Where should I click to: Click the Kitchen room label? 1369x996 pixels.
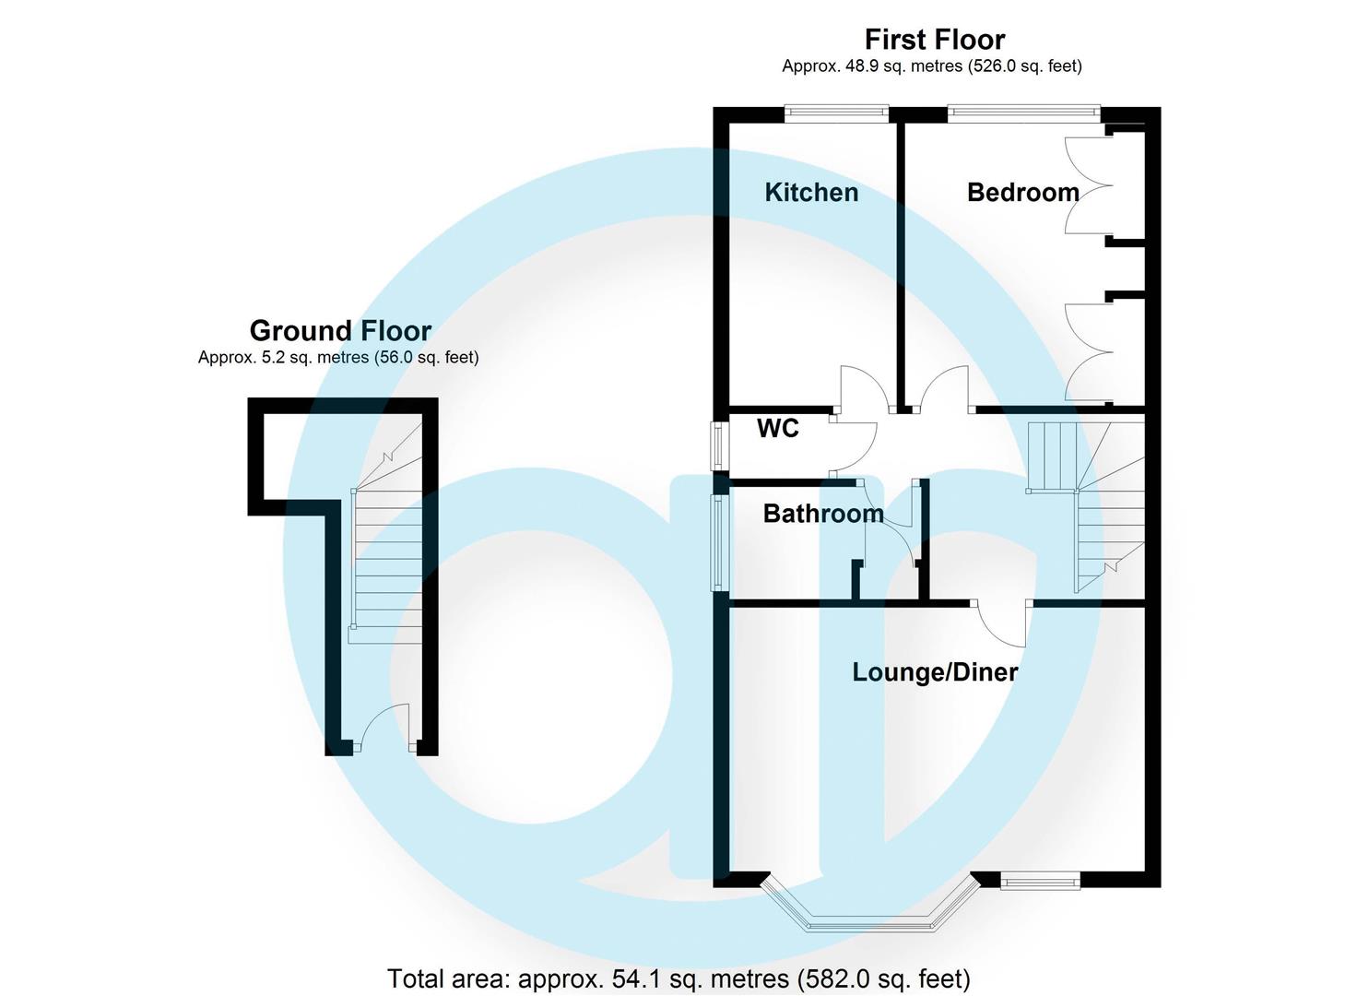coord(811,192)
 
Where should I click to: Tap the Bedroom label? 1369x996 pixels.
coord(1022,192)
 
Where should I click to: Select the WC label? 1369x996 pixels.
coord(777,428)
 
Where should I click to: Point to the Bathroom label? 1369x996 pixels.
coord(823,514)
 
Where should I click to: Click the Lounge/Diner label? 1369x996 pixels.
coord(935,671)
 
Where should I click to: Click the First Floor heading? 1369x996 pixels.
coord(934,40)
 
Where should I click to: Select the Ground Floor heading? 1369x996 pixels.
coord(340,330)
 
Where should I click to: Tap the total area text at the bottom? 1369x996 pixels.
coord(679,978)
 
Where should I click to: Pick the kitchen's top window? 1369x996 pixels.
coord(836,113)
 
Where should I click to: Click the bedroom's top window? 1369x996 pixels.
coord(1023,113)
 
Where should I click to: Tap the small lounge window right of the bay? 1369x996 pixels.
coord(1040,883)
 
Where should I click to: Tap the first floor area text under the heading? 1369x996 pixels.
coord(931,66)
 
